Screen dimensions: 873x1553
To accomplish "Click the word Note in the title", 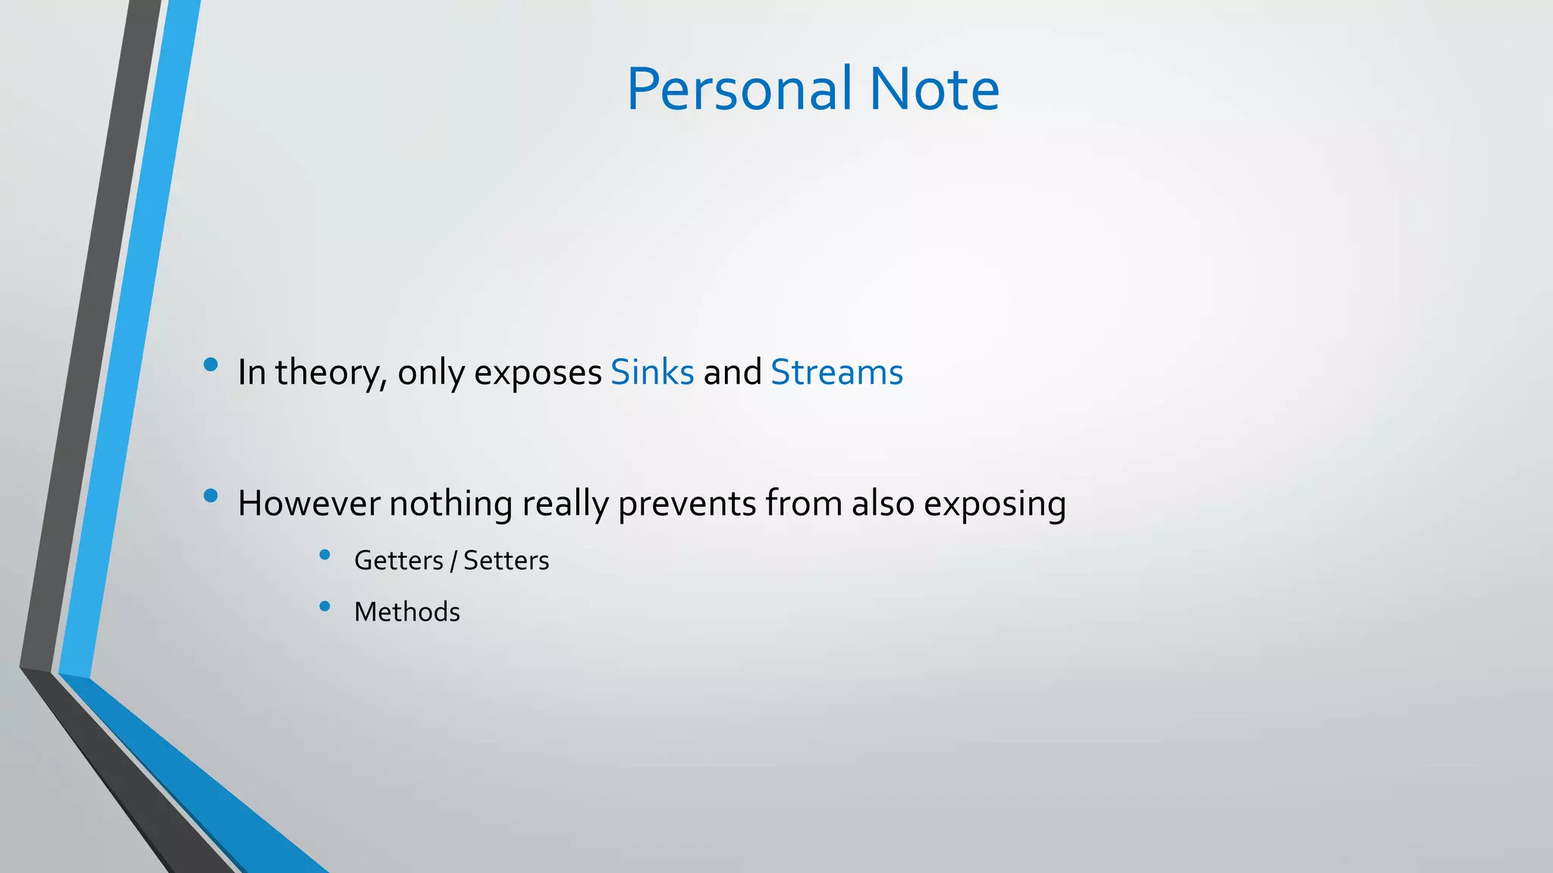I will click(934, 89).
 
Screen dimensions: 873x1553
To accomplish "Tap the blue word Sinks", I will click(652, 372).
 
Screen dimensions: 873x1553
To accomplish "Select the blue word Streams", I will click(836, 372).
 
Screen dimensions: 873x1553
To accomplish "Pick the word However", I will click(309, 503).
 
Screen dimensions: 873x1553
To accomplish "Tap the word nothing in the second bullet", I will click(450, 503).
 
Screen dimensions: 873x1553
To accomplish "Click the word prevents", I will click(687, 503).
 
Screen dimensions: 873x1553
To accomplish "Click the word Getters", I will click(398, 561).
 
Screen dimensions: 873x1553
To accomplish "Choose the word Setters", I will click(506, 561).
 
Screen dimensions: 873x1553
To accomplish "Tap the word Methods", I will click(406, 612).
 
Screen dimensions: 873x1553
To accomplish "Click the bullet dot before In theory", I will click(211, 365).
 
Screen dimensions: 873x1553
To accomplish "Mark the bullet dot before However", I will click(211, 496).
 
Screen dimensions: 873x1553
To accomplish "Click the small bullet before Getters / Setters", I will click(325, 555).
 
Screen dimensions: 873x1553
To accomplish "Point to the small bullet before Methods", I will click(325, 606).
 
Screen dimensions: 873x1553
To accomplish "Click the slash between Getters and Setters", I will click(453, 562).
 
